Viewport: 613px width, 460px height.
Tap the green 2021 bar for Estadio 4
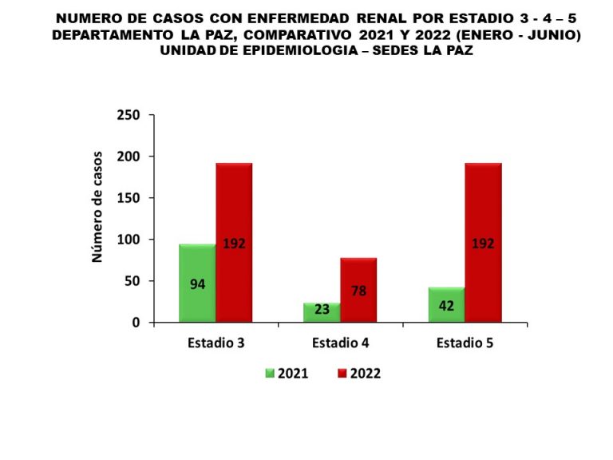(322, 312)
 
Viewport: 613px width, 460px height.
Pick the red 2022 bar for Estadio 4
(358, 290)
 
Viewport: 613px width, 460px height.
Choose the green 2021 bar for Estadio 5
(446, 305)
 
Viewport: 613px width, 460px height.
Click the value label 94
(197, 284)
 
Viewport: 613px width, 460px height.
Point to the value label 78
(358, 291)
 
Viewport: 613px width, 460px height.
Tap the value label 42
(446, 306)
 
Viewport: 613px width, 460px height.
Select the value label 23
(322, 310)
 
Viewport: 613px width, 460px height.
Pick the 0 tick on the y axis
(136, 323)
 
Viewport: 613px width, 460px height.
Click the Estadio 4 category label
(340, 343)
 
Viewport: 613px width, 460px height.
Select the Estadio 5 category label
(465, 343)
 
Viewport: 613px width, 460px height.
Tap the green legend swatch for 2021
(270, 373)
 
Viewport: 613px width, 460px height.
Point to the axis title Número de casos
(97, 206)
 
